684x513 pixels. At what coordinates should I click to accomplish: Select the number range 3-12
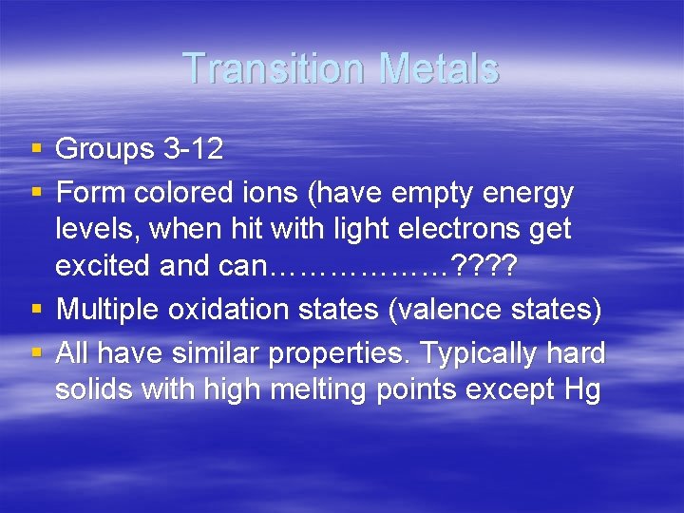(x=193, y=149)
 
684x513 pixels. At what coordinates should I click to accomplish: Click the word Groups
(x=104, y=149)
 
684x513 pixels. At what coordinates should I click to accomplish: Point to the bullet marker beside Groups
(x=35, y=149)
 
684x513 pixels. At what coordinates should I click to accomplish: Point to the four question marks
(x=484, y=266)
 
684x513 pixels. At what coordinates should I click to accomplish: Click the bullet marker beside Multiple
(x=35, y=310)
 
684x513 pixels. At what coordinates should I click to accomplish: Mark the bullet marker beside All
(x=35, y=353)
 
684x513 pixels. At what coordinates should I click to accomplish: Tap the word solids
(x=94, y=389)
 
